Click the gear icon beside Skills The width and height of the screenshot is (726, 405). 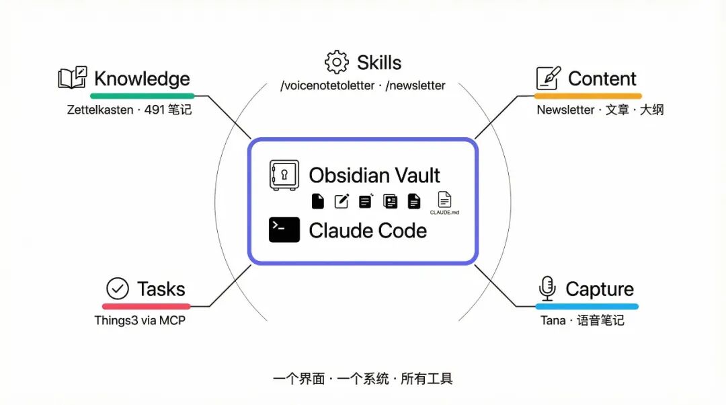pyautogui.click(x=337, y=63)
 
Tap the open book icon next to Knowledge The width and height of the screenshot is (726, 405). pyautogui.click(x=72, y=78)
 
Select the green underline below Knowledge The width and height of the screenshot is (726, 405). pyautogui.click(x=142, y=96)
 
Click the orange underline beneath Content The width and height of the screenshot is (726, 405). pyautogui.click(x=589, y=96)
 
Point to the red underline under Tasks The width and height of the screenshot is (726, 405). pyautogui.click(x=146, y=307)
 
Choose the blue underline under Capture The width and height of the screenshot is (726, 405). pyautogui.click(x=586, y=307)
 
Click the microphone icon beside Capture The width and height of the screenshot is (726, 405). pyautogui.click(x=547, y=289)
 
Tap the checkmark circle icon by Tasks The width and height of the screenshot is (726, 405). pyautogui.click(x=118, y=289)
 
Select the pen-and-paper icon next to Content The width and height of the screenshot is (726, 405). pyautogui.click(x=548, y=79)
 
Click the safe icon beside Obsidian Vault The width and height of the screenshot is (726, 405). pyautogui.click(x=283, y=175)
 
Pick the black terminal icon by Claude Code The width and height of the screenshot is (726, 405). pyautogui.click(x=284, y=230)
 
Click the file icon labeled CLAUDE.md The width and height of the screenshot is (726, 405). pyautogui.click(x=444, y=200)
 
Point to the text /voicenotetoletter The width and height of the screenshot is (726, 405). pyautogui.click(x=327, y=86)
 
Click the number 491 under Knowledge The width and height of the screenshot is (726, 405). pyautogui.click(x=154, y=109)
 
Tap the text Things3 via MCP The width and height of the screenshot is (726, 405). pyautogui.click(x=140, y=320)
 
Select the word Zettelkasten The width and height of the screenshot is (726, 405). pyautogui.click(x=99, y=109)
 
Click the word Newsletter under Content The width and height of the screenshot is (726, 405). pyautogui.click(x=565, y=109)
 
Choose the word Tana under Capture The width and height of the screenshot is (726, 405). pyautogui.click(x=553, y=320)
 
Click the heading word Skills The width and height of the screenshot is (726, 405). pyautogui.click(x=379, y=63)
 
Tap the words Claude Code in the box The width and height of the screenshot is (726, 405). pyautogui.click(x=368, y=230)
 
